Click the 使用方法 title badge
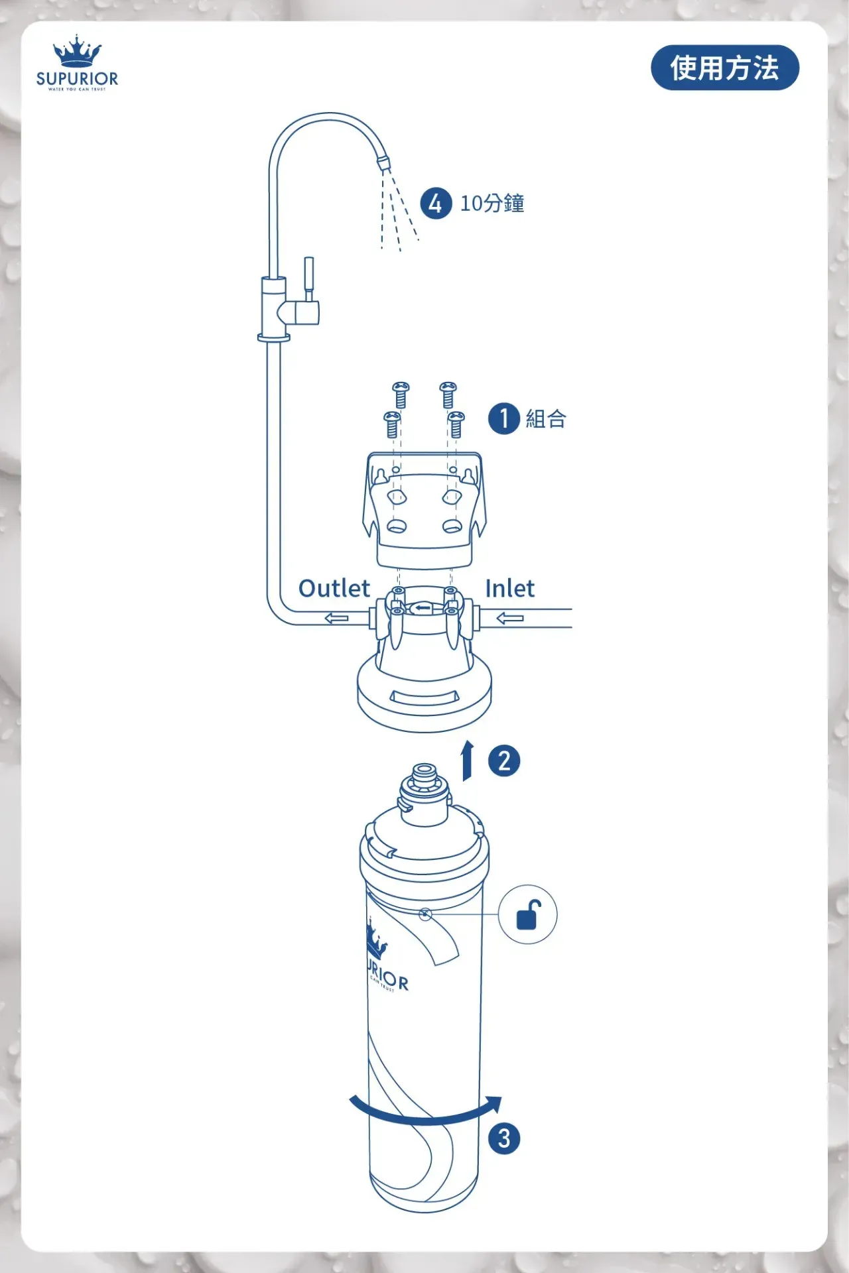point(724,68)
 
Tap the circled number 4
point(435,204)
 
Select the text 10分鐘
point(492,204)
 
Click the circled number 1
point(503,418)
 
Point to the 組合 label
point(546,419)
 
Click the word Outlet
point(334,588)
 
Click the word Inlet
point(509,588)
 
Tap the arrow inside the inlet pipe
point(509,619)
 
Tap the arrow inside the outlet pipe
point(336,619)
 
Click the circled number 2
point(504,760)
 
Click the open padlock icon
point(528,915)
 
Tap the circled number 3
point(504,1138)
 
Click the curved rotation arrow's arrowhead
point(493,1104)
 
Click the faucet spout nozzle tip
point(383,162)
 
